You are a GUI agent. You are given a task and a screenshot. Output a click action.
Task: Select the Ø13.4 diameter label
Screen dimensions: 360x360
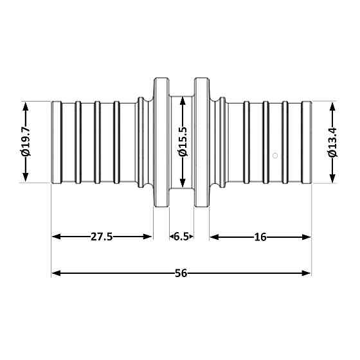click(332, 142)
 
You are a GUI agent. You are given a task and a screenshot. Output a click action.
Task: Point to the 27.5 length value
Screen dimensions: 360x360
click(102, 237)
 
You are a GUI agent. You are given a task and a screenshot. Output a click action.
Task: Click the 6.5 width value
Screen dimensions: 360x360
click(181, 237)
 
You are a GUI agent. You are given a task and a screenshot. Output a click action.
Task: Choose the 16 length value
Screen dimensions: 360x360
click(260, 237)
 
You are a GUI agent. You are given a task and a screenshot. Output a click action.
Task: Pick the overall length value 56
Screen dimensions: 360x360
click(181, 273)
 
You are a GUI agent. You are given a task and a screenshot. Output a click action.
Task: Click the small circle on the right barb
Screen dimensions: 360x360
click(275, 155)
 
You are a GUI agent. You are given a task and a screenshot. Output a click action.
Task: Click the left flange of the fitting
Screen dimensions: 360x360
click(161, 142)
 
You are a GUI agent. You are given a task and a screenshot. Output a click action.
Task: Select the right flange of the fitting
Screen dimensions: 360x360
click(202, 142)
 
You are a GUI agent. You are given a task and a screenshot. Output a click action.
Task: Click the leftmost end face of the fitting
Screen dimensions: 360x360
click(52, 142)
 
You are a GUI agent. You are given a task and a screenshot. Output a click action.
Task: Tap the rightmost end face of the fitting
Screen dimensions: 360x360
click(310, 142)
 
